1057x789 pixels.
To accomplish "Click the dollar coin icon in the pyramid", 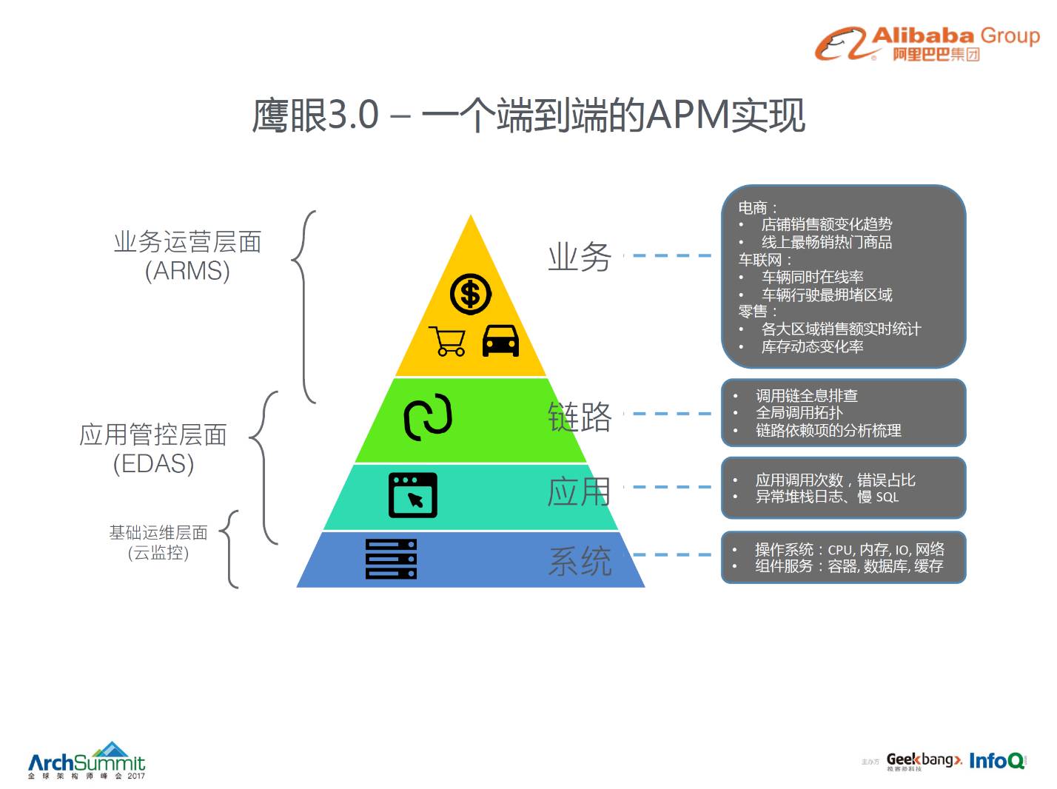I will [471, 294].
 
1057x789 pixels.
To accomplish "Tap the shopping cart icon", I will [449, 341].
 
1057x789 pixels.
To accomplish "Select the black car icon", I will [500, 341].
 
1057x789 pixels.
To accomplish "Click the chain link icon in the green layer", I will [428, 417].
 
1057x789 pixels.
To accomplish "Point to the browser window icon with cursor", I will [413, 494].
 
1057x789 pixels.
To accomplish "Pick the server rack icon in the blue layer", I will [392, 559].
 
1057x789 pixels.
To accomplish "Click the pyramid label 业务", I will [580, 257].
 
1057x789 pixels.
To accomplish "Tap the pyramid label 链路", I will [580, 417].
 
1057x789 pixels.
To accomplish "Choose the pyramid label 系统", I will [580, 560].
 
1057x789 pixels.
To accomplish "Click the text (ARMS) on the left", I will [187, 271].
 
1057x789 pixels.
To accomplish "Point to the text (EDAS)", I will [153, 463].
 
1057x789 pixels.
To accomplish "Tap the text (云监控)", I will [158, 553].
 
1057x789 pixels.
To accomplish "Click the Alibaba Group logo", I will [927, 44].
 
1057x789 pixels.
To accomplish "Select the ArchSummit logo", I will [87, 762].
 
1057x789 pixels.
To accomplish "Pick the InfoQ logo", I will [997, 760].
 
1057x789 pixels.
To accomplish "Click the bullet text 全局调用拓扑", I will [799, 413].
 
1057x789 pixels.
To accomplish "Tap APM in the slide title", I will [688, 116].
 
